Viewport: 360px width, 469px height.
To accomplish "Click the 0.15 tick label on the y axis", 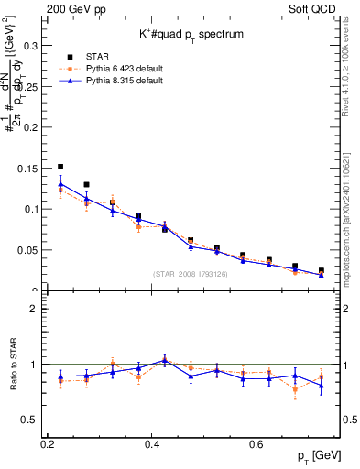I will pyautogui.click(x=29, y=168).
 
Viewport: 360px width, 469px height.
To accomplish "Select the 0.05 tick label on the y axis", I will pyautogui.click(x=29, y=250).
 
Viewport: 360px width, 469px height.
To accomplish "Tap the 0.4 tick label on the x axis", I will pyautogui.click(x=151, y=444).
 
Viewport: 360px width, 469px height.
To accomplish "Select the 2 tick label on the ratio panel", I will pyautogui.click(x=36, y=309).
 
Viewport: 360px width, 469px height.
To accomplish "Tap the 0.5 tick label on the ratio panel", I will pyautogui.click(x=31, y=420).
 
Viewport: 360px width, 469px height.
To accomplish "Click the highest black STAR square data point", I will pyautogui.click(x=60, y=167).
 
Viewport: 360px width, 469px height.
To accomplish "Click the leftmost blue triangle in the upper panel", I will pyautogui.click(x=60, y=183).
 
